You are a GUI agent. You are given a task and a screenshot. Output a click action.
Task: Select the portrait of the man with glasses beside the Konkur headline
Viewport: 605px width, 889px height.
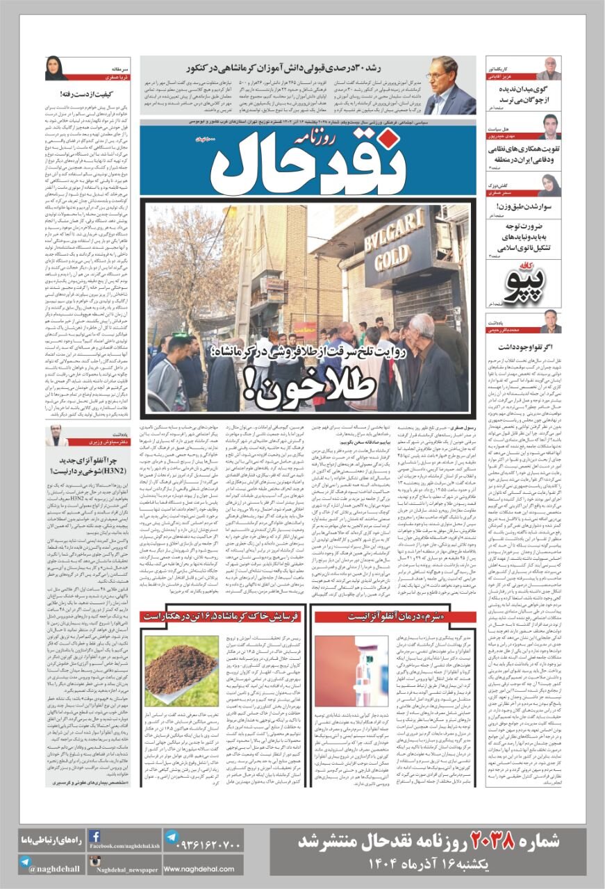click(449, 85)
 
